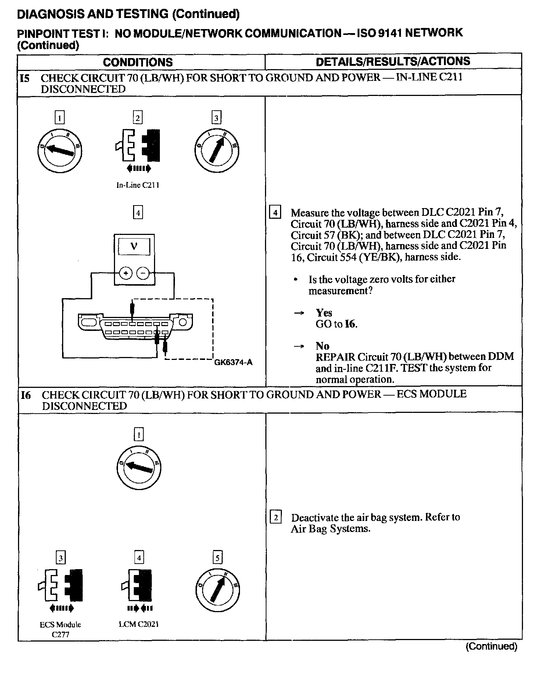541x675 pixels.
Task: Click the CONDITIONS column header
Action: pos(138,62)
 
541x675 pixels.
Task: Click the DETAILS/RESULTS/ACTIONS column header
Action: pos(393,61)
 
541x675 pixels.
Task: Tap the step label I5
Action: pos(25,78)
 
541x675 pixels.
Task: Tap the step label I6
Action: pos(26,395)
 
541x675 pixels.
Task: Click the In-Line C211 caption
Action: pos(138,185)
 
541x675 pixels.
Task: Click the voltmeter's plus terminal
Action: pos(126,273)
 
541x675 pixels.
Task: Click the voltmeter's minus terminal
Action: pos(143,273)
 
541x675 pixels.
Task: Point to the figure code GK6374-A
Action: pos(233,362)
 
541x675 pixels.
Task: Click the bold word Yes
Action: pos(324,313)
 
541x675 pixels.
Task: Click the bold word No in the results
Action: pos(322,346)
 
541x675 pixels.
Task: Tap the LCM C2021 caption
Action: pos(139,625)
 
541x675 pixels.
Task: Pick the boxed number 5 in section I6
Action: pos(218,558)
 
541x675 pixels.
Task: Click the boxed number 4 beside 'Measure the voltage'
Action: pos(275,213)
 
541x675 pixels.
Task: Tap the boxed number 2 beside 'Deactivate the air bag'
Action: pos(276,518)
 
